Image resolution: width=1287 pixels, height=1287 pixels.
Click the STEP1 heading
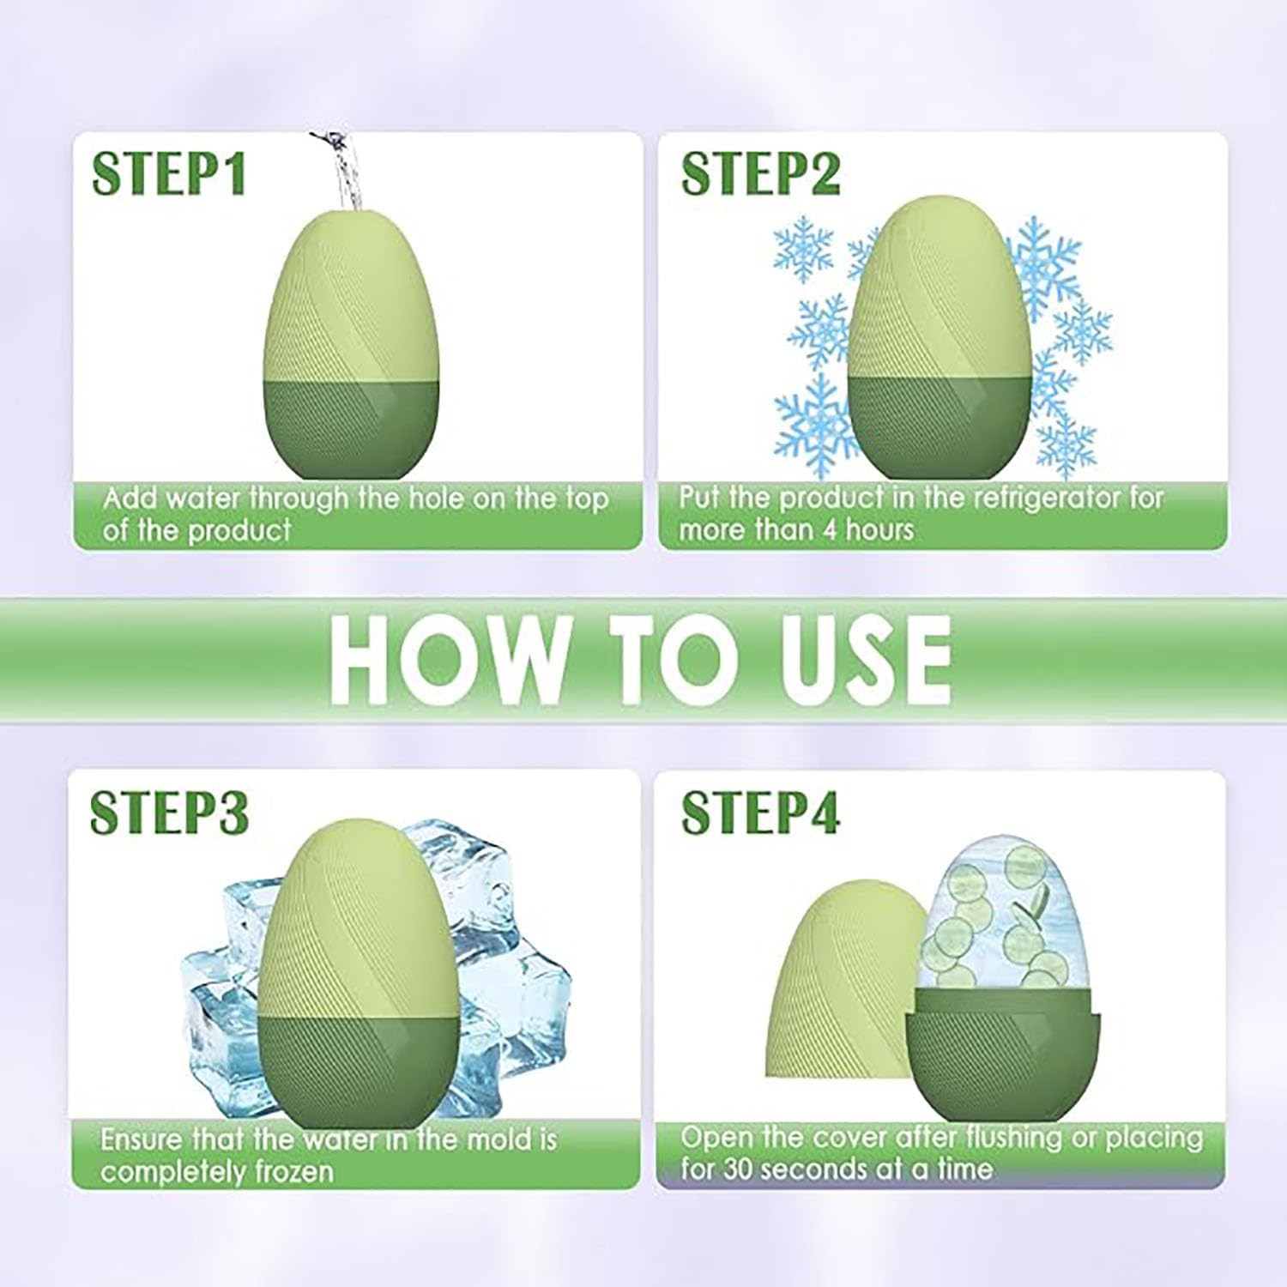169,175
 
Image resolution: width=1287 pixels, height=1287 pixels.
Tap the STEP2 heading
760,175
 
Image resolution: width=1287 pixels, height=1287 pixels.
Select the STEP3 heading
169,813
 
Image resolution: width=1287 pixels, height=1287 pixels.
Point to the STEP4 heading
760,813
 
